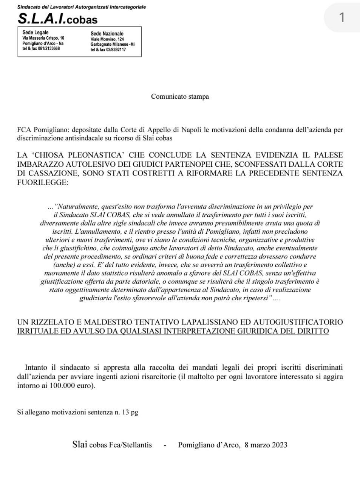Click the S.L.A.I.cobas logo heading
tap(57, 19)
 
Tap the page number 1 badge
tap(341, 17)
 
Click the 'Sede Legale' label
tap(36, 33)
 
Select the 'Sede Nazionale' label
tap(107, 34)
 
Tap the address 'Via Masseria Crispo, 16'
tap(43, 38)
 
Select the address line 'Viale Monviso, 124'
tap(107, 39)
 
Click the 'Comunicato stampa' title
tap(180, 96)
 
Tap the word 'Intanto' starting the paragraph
tap(36, 367)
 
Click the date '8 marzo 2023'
tap(266, 445)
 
